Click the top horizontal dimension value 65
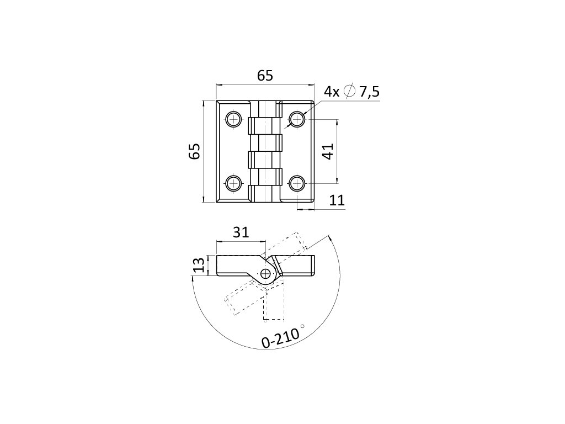(x=265, y=76)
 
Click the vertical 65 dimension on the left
(x=194, y=151)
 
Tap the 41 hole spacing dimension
(x=328, y=151)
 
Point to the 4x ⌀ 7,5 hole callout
(x=352, y=92)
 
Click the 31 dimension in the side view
(x=241, y=232)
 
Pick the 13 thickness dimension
(x=199, y=265)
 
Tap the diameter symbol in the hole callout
(x=349, y=92)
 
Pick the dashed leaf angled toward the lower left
(x=243, y=298)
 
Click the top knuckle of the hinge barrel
(x=265, y=126)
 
